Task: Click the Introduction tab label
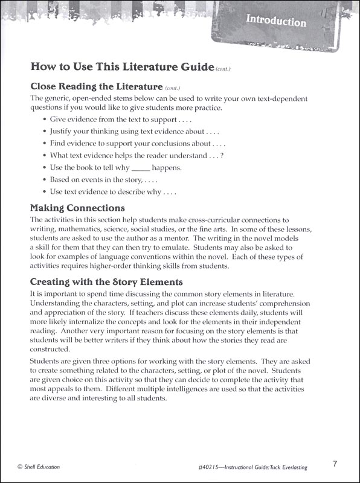(276, 22)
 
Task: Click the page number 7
(335, 464)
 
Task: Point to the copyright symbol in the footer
(21, 467)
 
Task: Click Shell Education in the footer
(42, 467)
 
